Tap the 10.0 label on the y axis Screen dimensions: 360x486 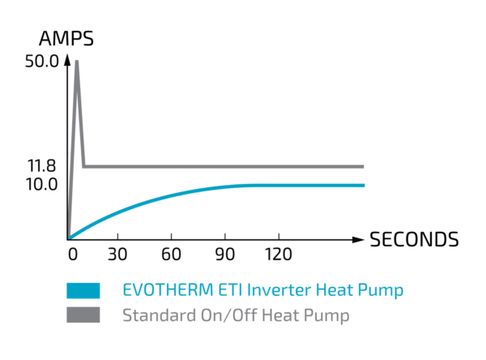[41, 185]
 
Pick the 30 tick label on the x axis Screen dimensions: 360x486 [117, 254]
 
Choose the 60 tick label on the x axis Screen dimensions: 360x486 [171, 254]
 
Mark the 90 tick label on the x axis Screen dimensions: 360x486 [224, 254]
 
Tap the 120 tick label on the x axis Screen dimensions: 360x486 [278, 254]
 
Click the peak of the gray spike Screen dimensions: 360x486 [77, 61]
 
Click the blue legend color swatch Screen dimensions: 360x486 [84, 289]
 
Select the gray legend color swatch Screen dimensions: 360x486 [84, 315]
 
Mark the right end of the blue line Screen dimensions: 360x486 [364, 186]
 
